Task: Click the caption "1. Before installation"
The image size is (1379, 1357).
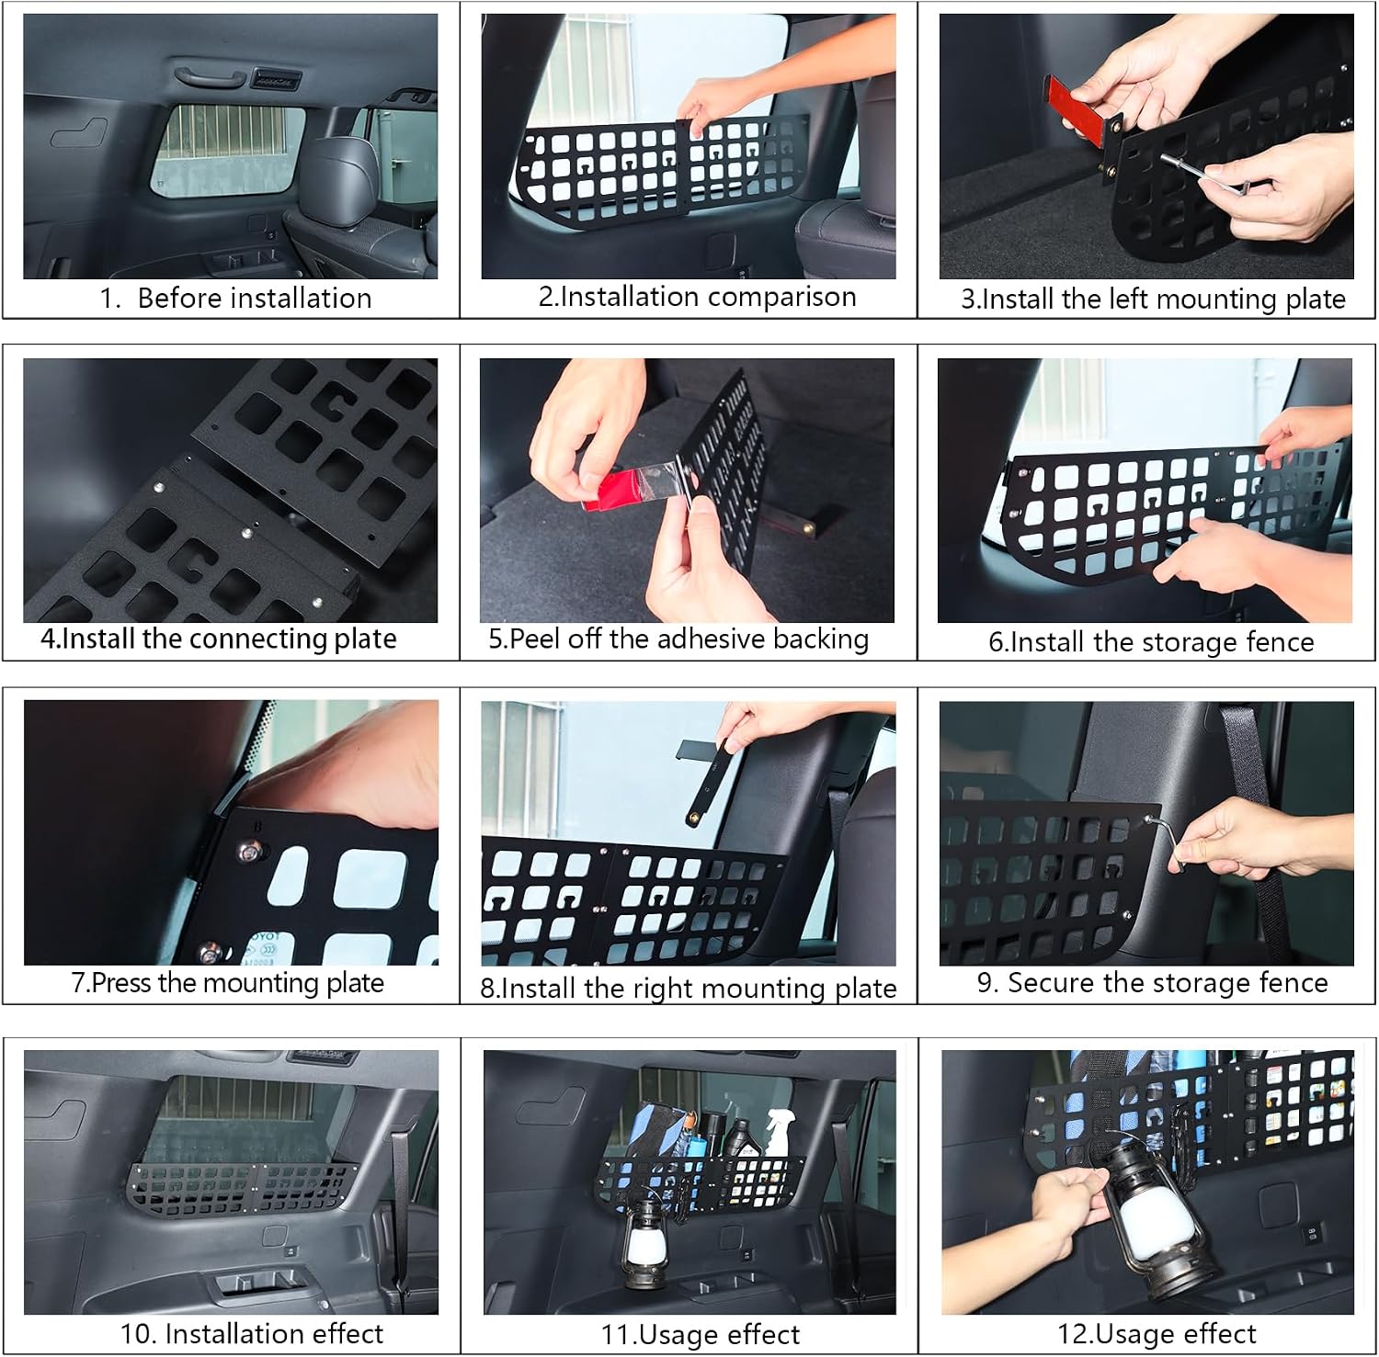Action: coord(236,299)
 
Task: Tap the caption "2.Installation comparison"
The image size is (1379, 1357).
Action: coord(697,297)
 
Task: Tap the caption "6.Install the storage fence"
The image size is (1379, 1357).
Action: coord(1151,641)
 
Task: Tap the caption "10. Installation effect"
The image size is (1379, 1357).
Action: coord(252,1334)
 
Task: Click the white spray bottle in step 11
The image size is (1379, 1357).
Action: coord(776,1130)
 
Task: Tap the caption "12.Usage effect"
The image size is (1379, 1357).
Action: coord(1157,1334)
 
